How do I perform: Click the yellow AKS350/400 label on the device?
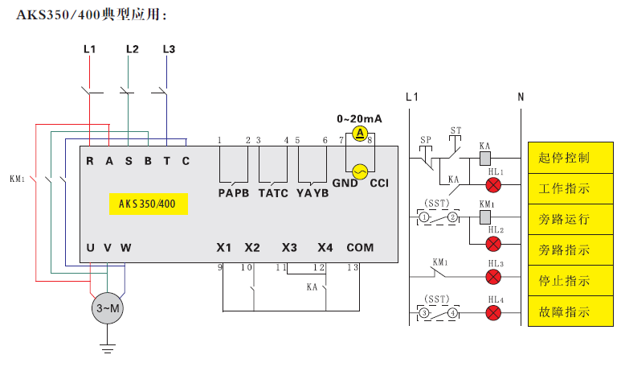click(x=148, y=204)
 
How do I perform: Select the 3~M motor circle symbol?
click(x=108, y=307)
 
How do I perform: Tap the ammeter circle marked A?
click(x=361, y=133)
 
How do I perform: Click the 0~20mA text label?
click(x=359, y=118)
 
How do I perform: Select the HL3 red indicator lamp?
click(x=494, y=277)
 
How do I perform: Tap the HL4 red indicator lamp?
click(x=494, y=312)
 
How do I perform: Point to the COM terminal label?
click(x=360, y=247)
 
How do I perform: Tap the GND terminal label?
click(x=345, y=183)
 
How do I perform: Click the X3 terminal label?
click(x=289, y=247)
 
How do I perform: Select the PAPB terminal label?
click(x=234, y=193)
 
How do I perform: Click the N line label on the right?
click(x=521, y=97)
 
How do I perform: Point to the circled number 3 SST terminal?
click(x=423, y=312)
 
